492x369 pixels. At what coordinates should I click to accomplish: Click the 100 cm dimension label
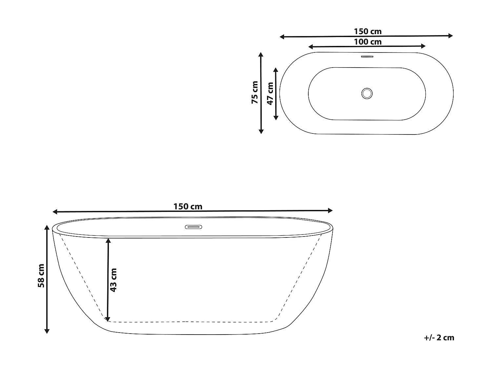click(x=368, y=42)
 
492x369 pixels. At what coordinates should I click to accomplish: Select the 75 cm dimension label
click(x=255, y=92)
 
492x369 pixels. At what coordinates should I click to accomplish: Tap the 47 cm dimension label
click(x=270, y=93)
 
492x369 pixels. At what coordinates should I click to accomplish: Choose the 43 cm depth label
click(x=113, y=280)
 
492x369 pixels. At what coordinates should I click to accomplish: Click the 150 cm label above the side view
click(x=188, y=207)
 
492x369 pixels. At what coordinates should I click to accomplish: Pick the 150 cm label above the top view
click(x=368, y=32)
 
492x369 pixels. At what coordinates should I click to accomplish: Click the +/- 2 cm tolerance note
click(x=439, y=338)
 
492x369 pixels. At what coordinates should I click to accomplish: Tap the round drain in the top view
click(x=367, y=93)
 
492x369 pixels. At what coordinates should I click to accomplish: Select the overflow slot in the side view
click(x=193, y=227)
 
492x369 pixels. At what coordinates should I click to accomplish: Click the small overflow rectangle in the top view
click(x=367, y=56)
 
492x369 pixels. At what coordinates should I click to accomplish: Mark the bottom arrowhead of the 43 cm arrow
click(x=108, y=318)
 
